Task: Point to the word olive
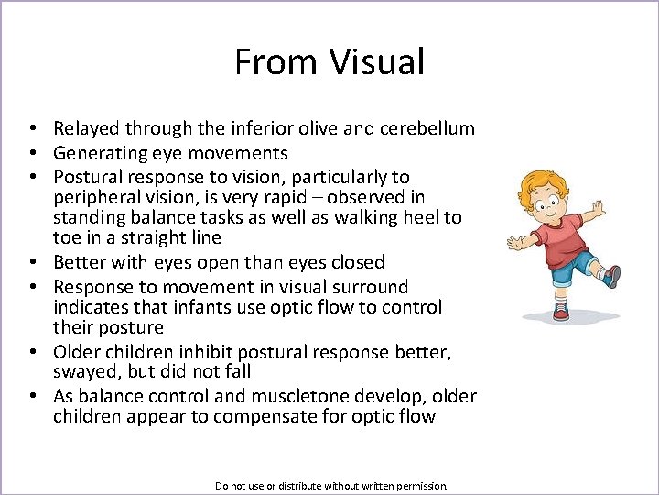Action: (329, 129)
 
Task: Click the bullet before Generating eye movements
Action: (31, 153)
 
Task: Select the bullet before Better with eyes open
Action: (31, 262)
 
